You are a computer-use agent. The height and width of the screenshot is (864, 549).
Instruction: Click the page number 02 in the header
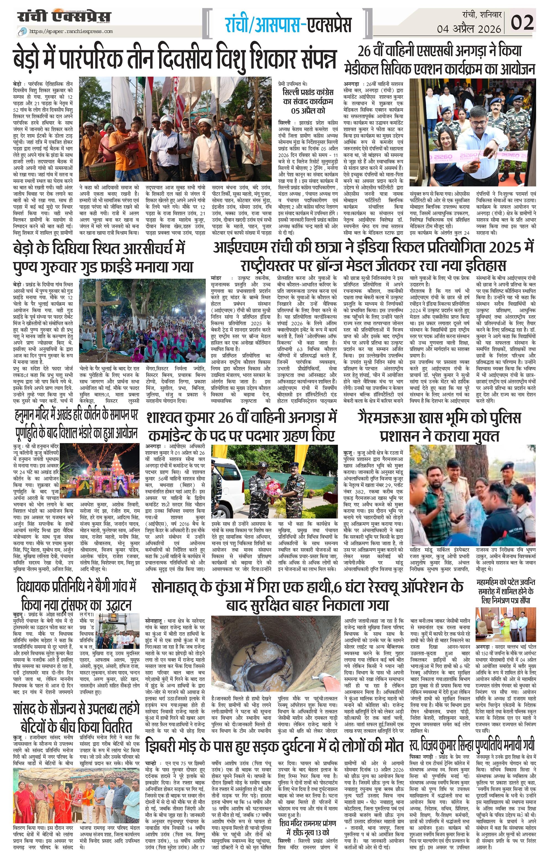[x=522, y=22]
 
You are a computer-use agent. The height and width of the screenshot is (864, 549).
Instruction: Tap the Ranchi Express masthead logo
[x=65, y=17]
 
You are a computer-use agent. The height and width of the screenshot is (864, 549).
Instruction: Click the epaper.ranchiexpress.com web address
[x=71, y=31]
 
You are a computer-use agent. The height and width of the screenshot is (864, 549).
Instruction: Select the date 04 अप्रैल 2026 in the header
[x=469, y=29]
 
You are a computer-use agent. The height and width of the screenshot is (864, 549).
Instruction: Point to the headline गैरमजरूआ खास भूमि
[x=439, y=427]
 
